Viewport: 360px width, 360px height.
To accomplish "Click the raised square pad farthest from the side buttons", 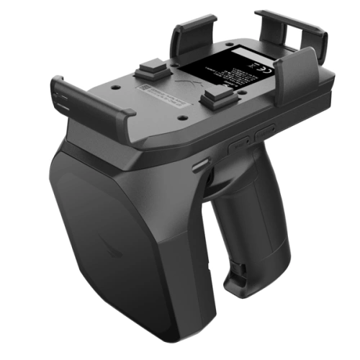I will point(150,71).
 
